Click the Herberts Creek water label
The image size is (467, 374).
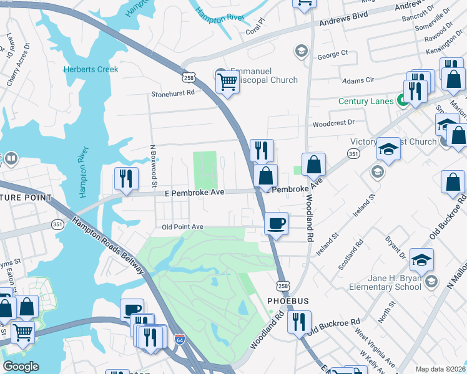[x=91, y=69]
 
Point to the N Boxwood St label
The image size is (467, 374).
[x=152, y=166]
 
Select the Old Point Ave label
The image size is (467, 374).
[x=183, y=227]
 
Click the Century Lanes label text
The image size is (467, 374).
[x=366, y=101]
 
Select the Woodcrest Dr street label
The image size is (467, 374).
[x=333, y=123]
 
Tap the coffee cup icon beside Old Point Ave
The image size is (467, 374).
[x=275, y=223]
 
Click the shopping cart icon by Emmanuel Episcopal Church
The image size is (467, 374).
[x=227, y=81]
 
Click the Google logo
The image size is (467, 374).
[x=21, y=367]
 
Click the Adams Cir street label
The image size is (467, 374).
[x=358, y=80]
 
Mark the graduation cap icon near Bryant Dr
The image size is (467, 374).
[x=421, y=260]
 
